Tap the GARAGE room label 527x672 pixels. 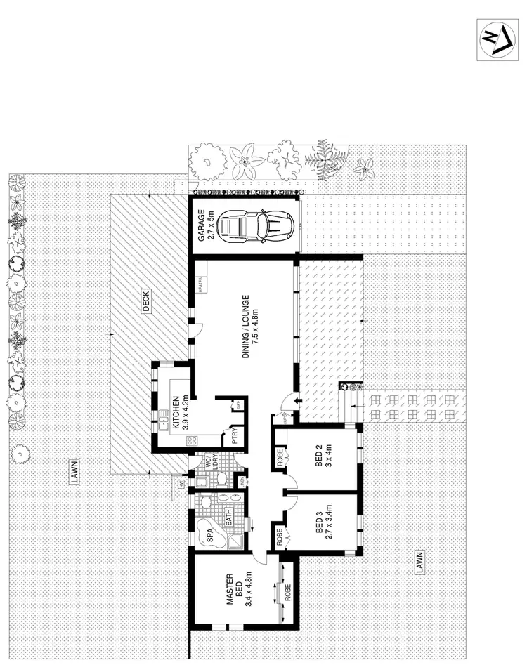[x=205, y=227]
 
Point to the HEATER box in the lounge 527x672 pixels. [x=200, y=285]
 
